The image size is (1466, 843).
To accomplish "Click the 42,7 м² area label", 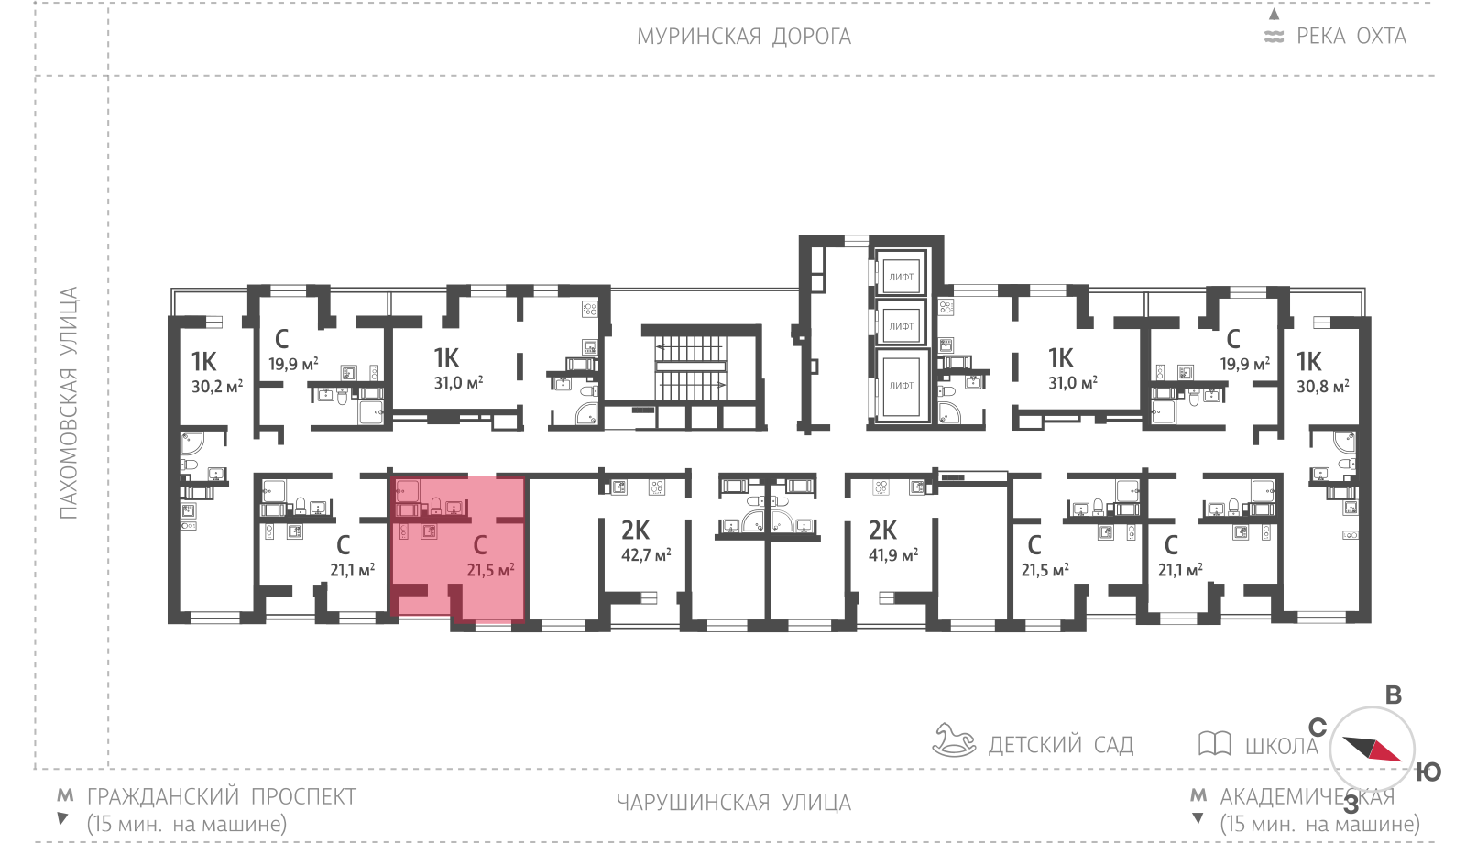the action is click(x=646, y=555).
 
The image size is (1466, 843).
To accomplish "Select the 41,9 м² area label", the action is click(x=892, y=555).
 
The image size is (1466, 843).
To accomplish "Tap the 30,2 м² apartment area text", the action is click(x=217, y=387).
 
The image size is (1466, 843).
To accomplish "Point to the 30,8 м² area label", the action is click(x=1323, y=387).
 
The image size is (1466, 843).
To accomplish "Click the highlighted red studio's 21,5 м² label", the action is click(x=490, y=570).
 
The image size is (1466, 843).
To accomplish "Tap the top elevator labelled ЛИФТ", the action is click(x=902, y=277).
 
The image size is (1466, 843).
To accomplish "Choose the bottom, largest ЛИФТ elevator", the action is click(x=902, y=386).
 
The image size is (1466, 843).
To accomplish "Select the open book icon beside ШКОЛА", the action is click(x=1215, y=744).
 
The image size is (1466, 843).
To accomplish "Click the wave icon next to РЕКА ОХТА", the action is click(x=1274, y=37).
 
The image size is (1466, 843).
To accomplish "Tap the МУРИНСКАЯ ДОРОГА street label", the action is click(x=744, y=37).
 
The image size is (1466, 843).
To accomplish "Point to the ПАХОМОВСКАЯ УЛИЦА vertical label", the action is click(x=69, y=403).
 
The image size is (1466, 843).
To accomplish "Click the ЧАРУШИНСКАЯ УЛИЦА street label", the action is click(x=734, y=803).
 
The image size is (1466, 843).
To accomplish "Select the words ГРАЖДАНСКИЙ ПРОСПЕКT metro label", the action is click(x=222, y=796).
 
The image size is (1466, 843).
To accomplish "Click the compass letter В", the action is click(x=1394, y=695).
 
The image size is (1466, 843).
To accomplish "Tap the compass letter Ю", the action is click(x=1428, y=772).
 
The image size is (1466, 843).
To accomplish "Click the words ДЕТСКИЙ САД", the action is click(x=1061, y=745).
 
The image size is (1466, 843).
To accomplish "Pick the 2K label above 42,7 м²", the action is click(x=635, y=530).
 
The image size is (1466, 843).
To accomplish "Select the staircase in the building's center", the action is click(x=691, y=367).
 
